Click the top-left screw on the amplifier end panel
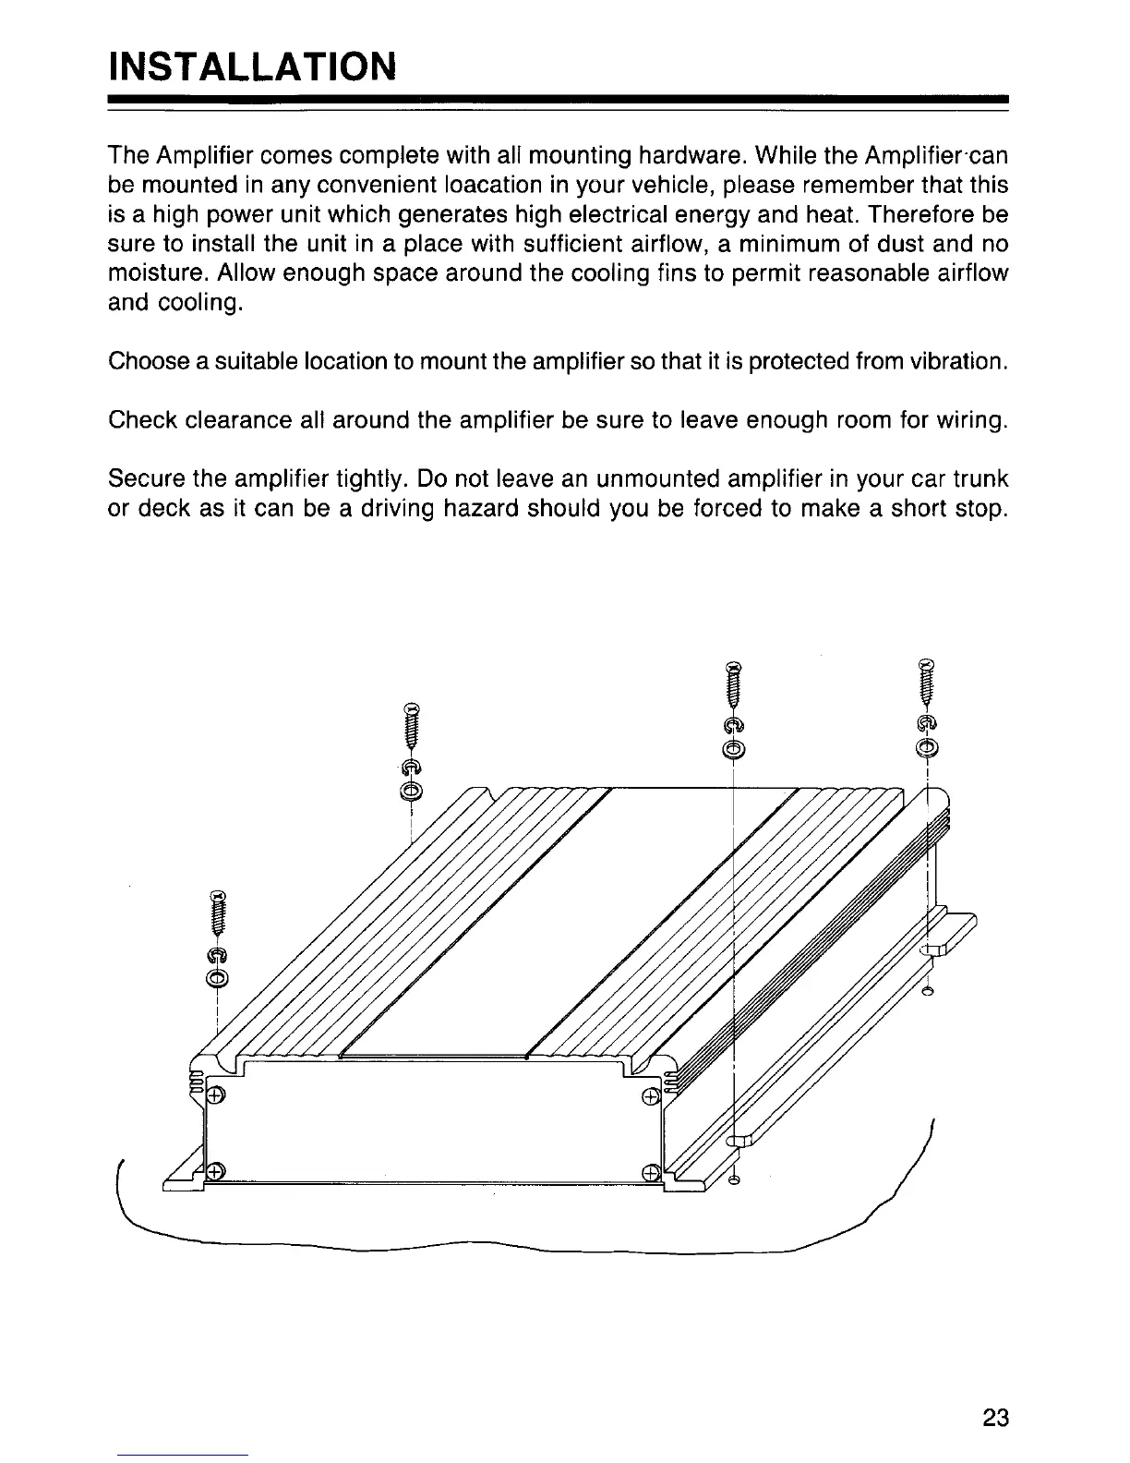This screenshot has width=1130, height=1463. coord(214,1096)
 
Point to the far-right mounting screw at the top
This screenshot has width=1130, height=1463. coord(927,683)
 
